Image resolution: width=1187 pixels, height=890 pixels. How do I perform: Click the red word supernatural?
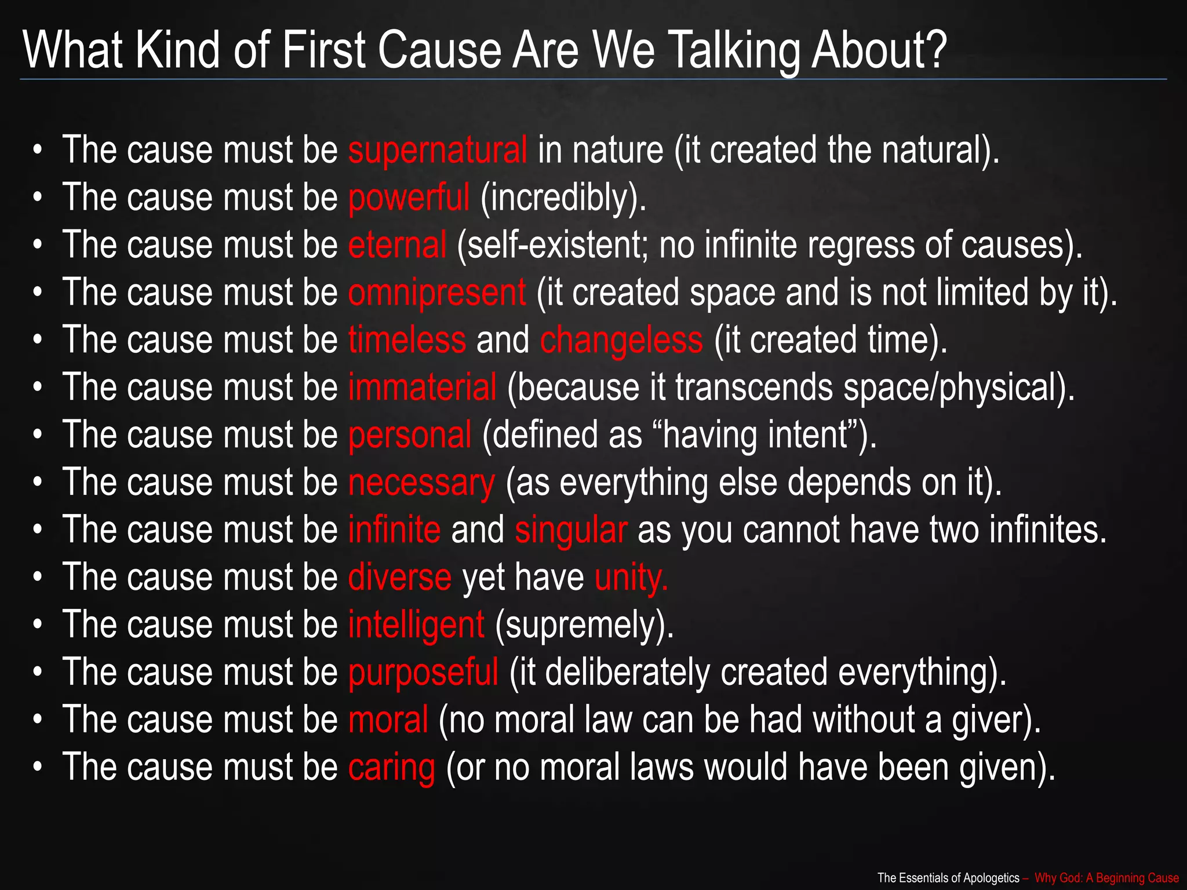438,151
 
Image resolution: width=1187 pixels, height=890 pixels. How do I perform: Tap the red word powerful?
409,198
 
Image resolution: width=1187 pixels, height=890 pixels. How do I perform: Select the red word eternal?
397,245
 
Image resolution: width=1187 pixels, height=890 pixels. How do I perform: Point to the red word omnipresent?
437,293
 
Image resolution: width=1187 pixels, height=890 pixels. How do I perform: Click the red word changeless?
621,340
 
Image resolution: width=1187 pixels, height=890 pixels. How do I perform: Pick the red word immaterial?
423,388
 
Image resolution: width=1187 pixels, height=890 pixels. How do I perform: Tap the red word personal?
410,435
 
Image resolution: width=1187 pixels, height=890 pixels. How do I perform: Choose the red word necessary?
421,483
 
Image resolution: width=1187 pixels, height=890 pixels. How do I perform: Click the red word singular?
571,530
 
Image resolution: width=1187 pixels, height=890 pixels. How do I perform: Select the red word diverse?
400,578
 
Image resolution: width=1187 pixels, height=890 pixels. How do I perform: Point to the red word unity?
631,578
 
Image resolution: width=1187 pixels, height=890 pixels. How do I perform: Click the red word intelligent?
416,625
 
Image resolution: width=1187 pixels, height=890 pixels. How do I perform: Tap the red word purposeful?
423,673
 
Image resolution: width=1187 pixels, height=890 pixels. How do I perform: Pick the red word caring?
392,768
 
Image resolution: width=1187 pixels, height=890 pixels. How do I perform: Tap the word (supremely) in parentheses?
584,625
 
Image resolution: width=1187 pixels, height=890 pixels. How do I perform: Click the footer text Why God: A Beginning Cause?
1106,878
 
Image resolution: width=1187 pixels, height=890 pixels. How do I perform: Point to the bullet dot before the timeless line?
38,341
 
